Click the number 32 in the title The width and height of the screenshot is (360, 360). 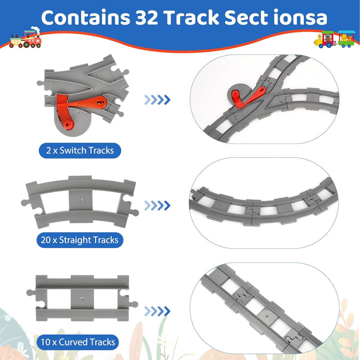146,17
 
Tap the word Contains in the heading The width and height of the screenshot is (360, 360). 85,17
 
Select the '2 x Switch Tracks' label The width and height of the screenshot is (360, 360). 80,150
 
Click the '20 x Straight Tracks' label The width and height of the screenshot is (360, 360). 79,240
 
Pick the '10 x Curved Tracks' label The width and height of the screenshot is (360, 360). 77,342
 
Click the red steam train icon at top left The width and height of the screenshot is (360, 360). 25,38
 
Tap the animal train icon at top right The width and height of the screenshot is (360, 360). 334,39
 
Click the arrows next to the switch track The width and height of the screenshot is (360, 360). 157,100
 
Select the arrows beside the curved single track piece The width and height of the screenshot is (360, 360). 157,205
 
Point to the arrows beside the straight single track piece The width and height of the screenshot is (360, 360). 157,311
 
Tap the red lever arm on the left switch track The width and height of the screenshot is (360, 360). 82,104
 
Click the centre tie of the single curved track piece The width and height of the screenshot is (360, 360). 80,200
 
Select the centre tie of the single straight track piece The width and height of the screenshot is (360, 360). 82,298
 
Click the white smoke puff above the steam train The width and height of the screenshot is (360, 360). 35,29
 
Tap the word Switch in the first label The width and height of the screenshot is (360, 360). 73,150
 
